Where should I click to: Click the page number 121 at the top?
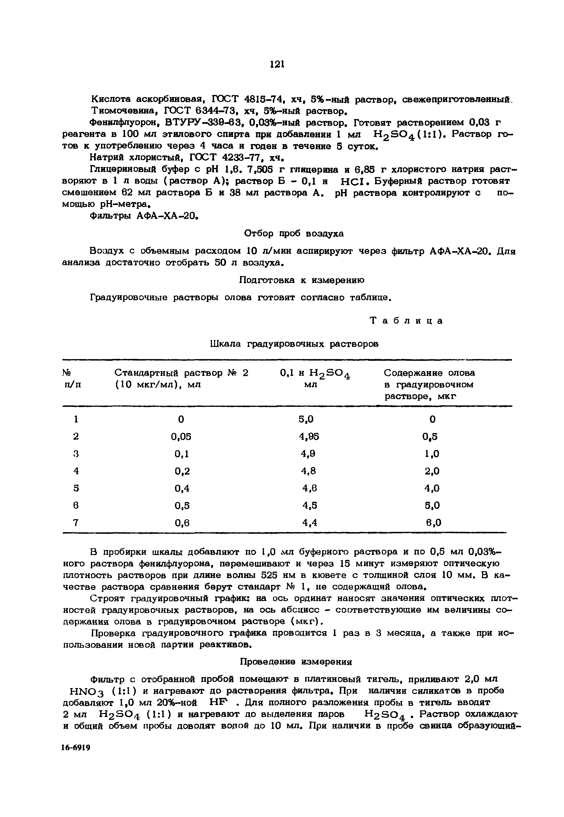point(277,64)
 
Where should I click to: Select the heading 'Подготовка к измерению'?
point(302,280)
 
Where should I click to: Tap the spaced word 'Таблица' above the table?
point(406,321)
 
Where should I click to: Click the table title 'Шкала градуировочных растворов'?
point(294,344)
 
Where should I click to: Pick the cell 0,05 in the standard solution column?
point(181,437)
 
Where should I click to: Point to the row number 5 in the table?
point(76,488)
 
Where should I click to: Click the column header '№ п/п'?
point(72,378)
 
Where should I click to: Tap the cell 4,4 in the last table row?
point(310,522)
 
